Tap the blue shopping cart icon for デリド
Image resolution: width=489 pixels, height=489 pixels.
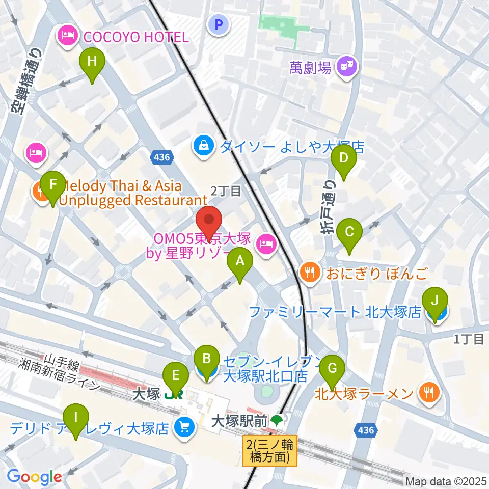pos(184,427)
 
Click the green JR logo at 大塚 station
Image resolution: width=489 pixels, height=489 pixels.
pos(173,394)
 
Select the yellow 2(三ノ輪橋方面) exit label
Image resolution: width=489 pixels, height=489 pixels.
pos(269,450)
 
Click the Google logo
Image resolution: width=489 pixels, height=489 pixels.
pos(34,476)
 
